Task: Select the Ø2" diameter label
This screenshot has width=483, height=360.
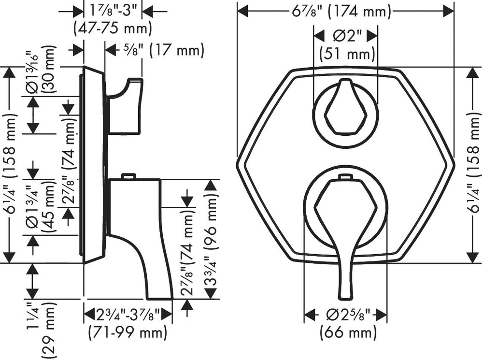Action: [x=345, y=36]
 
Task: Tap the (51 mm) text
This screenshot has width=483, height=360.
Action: [x=347, y=54]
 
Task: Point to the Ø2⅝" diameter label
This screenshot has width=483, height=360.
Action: [x=346, y=315]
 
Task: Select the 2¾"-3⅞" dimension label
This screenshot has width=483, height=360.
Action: [x=128, y=315]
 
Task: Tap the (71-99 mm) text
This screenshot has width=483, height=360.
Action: [x=128, y=332]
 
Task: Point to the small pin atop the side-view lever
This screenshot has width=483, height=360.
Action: [x=128, y=176]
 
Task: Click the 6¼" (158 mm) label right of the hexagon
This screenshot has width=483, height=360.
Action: [x=475, y=164]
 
